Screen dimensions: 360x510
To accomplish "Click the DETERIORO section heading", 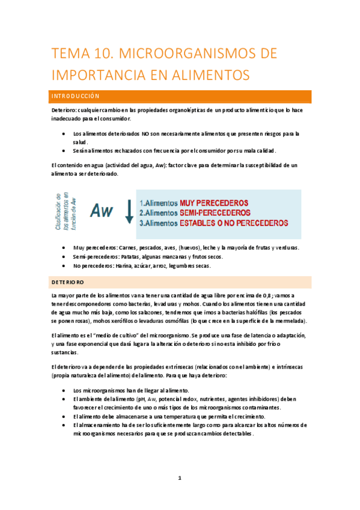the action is pyautogui.click(x=68, y=281).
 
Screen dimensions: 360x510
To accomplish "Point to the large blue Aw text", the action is pyautogui.click(x=102, y=210).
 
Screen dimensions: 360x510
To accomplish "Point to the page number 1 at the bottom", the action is pyautogui.click(x=180, y=478).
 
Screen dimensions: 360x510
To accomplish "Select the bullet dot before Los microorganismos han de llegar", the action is pyautogui.click(x=64, y=390).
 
